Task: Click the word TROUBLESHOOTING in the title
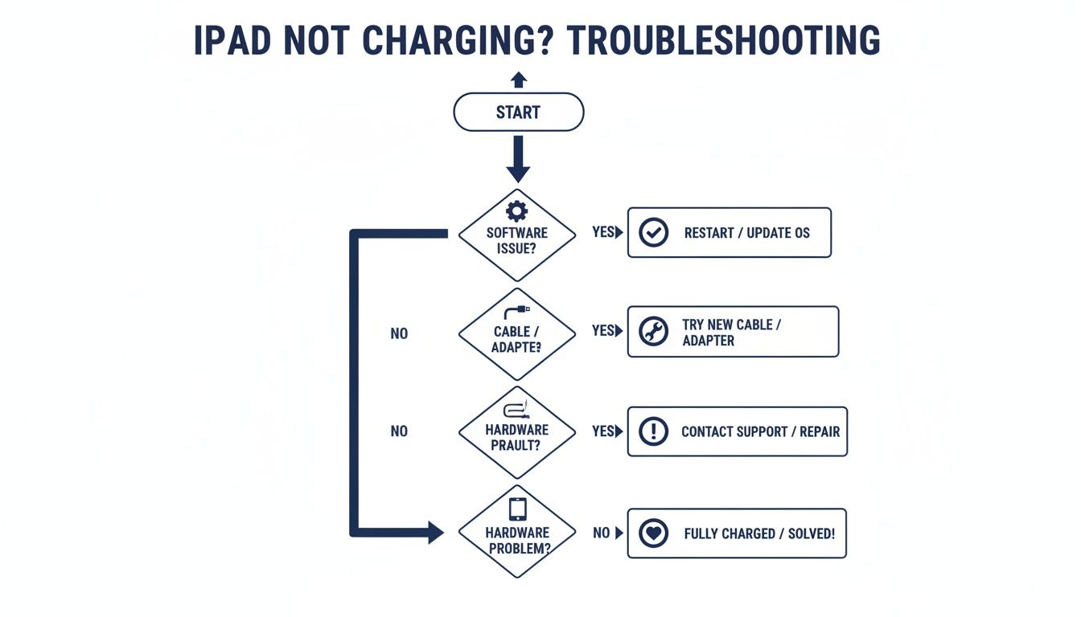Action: (x=724, y=41)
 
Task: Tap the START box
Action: (x=518, y=112)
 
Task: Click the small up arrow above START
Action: (x=519, y=79)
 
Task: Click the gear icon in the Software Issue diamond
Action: (x=516, y=211)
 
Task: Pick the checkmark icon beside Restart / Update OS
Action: (x=653, y=233)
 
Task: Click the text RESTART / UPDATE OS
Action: (x=746, y=233)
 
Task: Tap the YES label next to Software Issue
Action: (x=603, y=232)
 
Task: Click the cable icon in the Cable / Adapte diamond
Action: (x=516, y=312)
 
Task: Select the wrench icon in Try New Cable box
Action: (x=653, y=332)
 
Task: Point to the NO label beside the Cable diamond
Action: (x=399, y=333)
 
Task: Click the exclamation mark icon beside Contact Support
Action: (x=653, y=431)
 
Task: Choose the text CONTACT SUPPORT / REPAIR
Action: (x=760, y=432)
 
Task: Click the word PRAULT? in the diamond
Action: (x=516, y=445)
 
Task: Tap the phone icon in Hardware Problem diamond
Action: (x=517, y=509)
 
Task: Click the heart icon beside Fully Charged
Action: (x=653, y=533)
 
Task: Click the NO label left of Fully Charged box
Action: (x=602, y=533)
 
